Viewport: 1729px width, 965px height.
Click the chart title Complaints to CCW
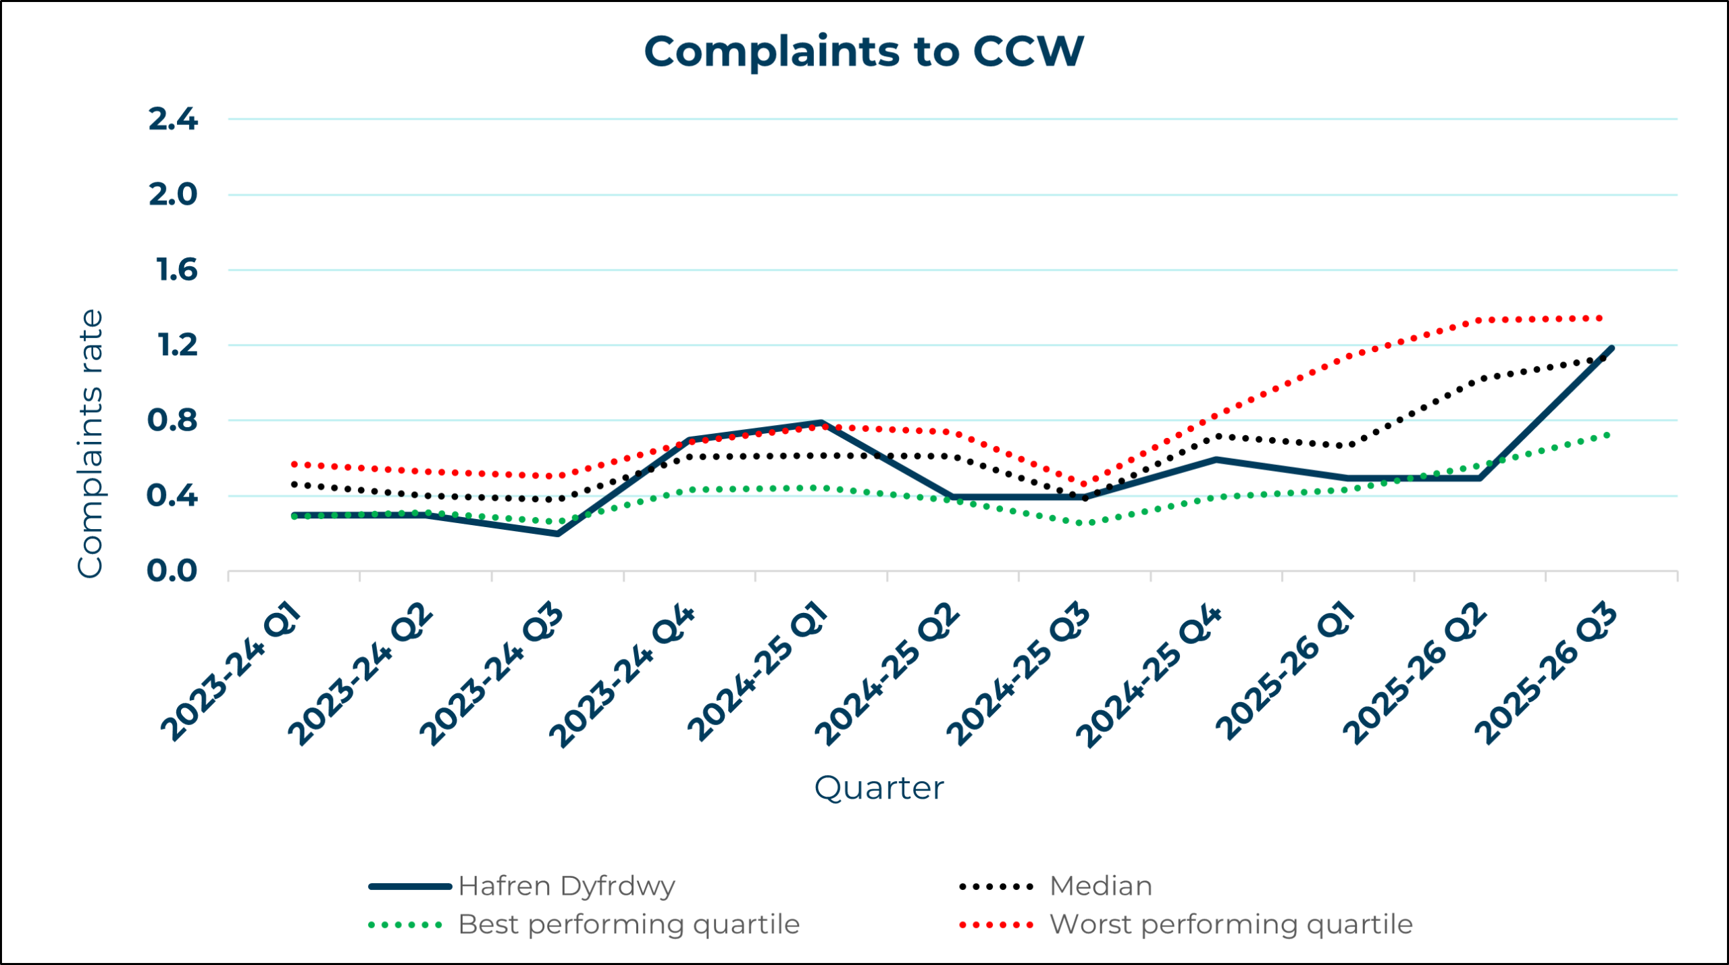pyautogui.click(x=864, y=51)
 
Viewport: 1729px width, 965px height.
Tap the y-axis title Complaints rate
pyautogui.click(x=91, y=443)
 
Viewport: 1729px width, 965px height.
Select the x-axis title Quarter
pyautogui.click(x=879, y=788)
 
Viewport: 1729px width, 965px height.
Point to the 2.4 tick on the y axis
pyautogui.click(x=173, y=120)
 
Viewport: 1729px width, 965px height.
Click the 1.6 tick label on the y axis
pyautogui.click(x=177, y=270)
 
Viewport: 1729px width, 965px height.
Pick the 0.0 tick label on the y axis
pyautogui.click(x=172, y=571)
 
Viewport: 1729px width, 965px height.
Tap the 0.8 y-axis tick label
pyautogui.click(x=172, y=420)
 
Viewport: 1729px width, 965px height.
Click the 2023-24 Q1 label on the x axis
pyautogui.click(x=231, y=672)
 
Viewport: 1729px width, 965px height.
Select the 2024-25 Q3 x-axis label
pyautogui.click(x=1018, y=674)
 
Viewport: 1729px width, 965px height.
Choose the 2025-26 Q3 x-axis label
pyautogui.click(x=1546, y=674)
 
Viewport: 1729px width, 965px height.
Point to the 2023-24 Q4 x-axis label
pyautogui.click(x=621, y=676)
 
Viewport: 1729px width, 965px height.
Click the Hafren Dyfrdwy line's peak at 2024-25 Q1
pyautogui.click(x=821, y=423)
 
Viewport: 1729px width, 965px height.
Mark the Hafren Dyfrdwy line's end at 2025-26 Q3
pyautogui.click(x=1612, y=348)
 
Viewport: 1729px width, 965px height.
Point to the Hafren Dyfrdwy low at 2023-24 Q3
pyautogui.click(x=558, y=534)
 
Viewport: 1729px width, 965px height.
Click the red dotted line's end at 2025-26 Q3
pyautogui.click(x=1601, y=318)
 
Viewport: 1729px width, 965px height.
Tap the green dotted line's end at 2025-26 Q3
pyautogui.click(x=1608, y=435)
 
